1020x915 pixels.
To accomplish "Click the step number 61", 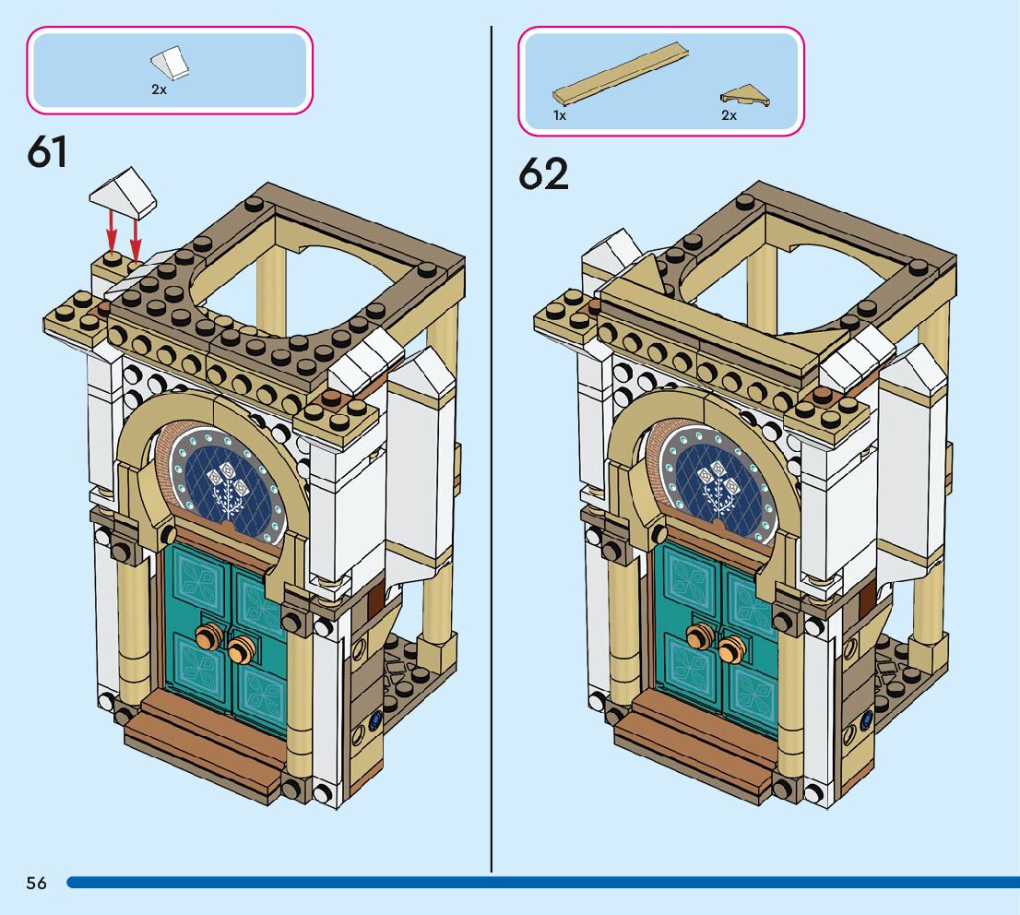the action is point(48,150).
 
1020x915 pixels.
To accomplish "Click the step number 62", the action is point(542,172).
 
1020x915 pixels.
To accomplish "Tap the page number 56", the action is point(37,883).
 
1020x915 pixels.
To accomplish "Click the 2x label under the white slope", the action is point(159,90).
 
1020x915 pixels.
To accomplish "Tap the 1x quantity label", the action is point(559,115).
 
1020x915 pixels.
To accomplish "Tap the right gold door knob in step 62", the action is point(732,648).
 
